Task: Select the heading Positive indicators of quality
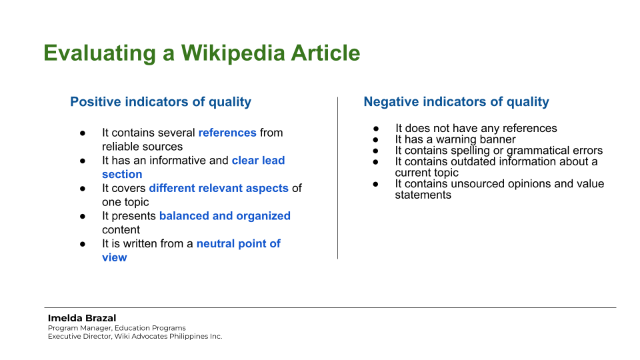tap(161, 102)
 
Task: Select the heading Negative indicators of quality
tap(456, 102)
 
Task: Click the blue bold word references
tap(227, 133)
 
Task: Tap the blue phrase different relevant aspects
tap(219, 188)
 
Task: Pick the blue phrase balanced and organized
tap(225, 216)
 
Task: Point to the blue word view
tap(114, 257)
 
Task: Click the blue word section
tap(122, 174)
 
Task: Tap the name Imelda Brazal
tap(82, 318)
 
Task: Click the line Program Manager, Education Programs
tap(117, 328)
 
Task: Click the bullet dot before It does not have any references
tap(376, 128)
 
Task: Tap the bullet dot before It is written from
tap(83, 244)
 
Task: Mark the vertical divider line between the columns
tap(337, 177)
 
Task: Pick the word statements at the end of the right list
tap(423, 195)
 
